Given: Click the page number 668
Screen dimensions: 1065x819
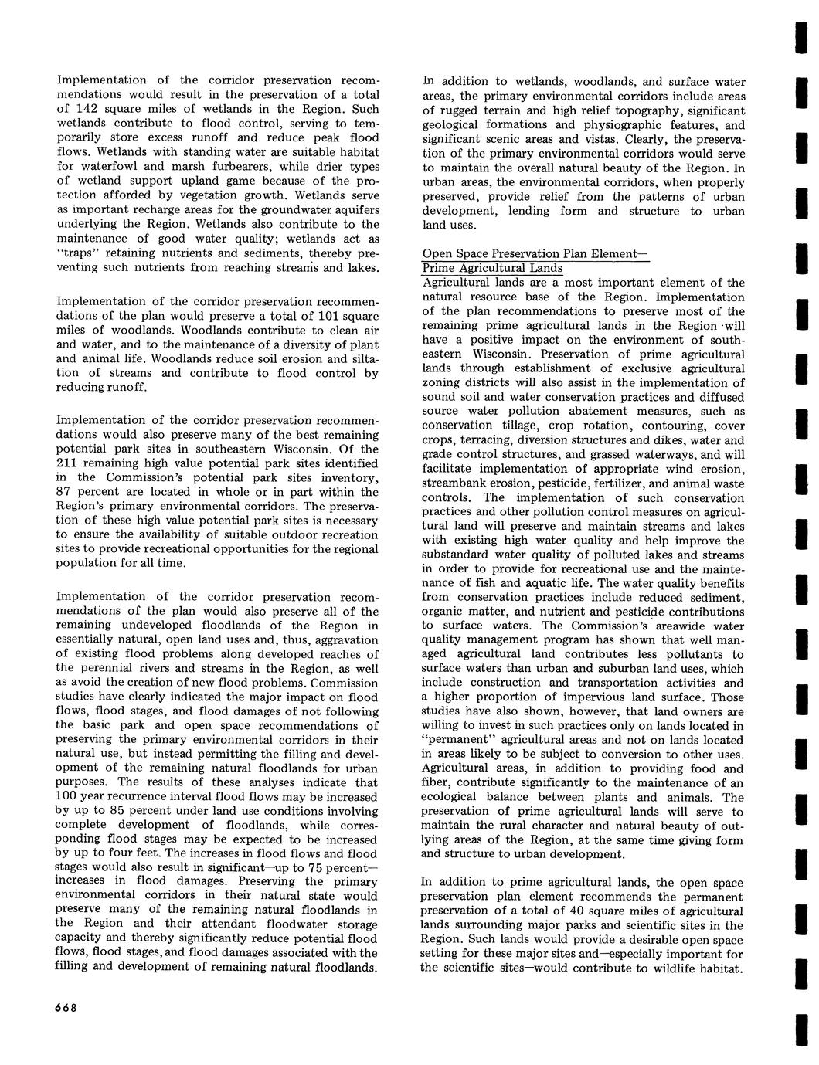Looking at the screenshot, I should tap(68, 1008).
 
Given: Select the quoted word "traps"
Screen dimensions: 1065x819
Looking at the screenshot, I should tap(82, 253).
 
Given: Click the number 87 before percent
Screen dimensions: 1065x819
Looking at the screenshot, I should tap(66, 492).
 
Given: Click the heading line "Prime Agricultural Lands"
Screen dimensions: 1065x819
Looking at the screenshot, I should tap(492, 268).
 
